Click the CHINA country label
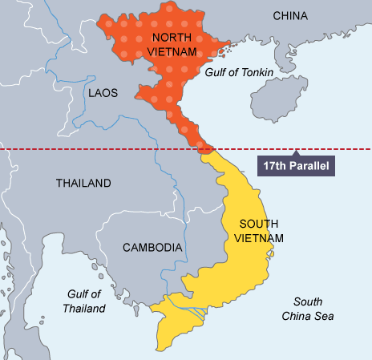click(x=289, y=16)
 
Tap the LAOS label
click(x=103, y=93)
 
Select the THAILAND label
click(x=83, y=184)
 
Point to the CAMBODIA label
click(x=152, y=248)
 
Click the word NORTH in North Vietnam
click(x=171, y=38)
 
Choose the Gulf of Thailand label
click(x=85, y=301)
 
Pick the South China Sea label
click(x=307, y=309)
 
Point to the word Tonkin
click(x=257, y=72)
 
